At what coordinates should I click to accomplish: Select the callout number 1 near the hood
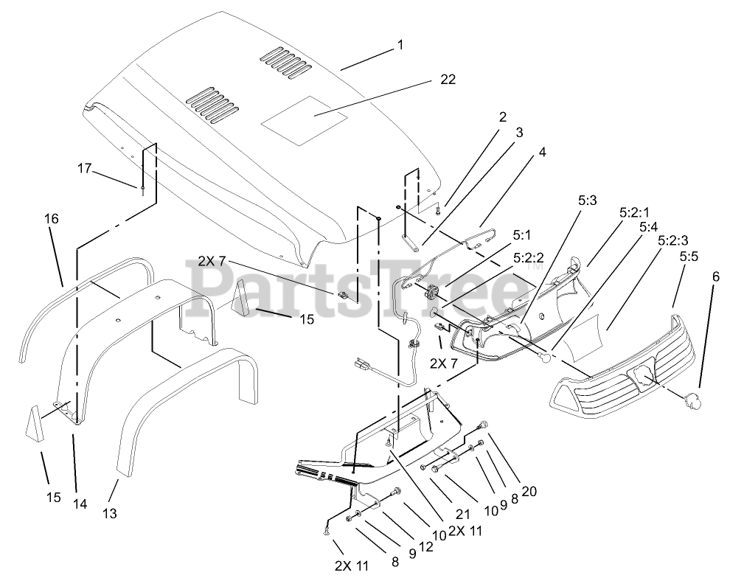(x=400, y=45)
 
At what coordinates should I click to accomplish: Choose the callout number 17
(x=84, y=169)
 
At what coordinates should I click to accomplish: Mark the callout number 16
(x=51, y=219)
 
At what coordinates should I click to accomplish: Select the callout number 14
(x=80, y=504)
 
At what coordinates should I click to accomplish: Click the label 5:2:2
(x=528, y=259)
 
